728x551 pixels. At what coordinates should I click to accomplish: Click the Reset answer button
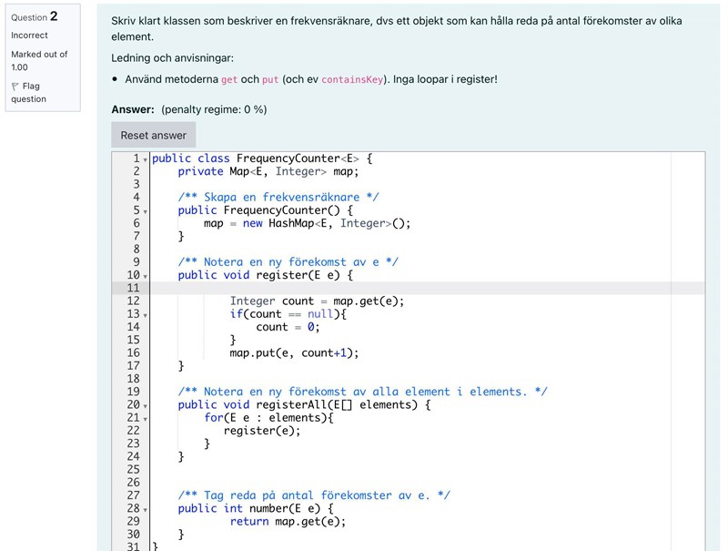tap(153, 135)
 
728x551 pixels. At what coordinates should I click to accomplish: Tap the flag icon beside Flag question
tap(15, 87)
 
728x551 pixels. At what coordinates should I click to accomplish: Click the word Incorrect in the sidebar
tap(29, 36)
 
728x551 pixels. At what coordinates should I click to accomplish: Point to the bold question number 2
tap(54, 16)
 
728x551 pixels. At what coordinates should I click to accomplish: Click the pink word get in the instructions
tap(229, 80)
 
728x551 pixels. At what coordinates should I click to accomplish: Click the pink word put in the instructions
tap(269, 80)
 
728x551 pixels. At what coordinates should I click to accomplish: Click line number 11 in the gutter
tap(133, 288)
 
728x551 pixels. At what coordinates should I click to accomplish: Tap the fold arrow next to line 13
tap(146, 315)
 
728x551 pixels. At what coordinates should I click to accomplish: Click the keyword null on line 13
tap(320, 314)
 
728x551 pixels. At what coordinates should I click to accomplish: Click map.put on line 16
tap(252, 353)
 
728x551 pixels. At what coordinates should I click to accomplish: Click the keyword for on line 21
tap(214, 418)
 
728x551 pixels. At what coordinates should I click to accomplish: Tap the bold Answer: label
tap(133, 109)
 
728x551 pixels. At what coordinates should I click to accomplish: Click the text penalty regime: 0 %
tap(214, 109)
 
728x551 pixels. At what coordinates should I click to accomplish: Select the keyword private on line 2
tap(200, 171)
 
